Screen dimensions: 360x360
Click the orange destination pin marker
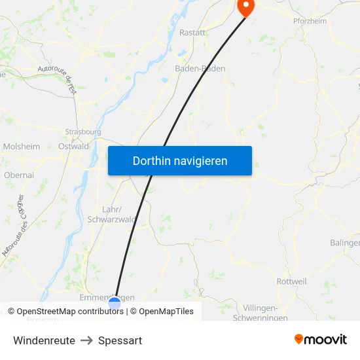(245, 7)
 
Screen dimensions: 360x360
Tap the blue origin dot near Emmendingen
(115, 303)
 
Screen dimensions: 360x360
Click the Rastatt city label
(193, 33)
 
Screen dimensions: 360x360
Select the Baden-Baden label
(200, 68)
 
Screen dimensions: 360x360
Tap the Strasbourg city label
(83, 132)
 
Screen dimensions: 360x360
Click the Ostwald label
(73, 147)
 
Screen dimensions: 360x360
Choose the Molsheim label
(22, 147)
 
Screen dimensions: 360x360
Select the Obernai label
(19, 175)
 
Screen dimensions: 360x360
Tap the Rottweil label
(291, 281)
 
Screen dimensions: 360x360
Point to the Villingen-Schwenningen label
(261, 313)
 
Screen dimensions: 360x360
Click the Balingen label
(344, 243)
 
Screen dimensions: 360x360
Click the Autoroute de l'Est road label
(58, 78)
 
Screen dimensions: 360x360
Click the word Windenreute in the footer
(44, 340)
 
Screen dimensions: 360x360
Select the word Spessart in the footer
(120, 340)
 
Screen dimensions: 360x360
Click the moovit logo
(321, 339)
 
